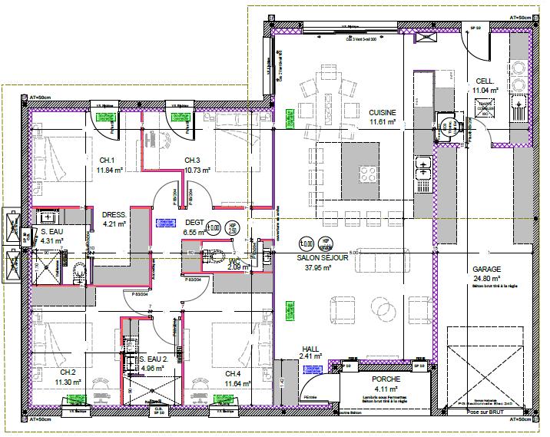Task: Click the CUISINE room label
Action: click(382, 111)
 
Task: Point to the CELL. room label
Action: click(485, 81)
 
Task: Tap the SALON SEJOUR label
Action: click(323, 259)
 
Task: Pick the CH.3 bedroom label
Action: click(193, 160)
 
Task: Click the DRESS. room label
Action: click(114, 215)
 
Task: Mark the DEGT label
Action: click(194, 222)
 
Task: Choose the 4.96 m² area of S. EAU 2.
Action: click(153, 369)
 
